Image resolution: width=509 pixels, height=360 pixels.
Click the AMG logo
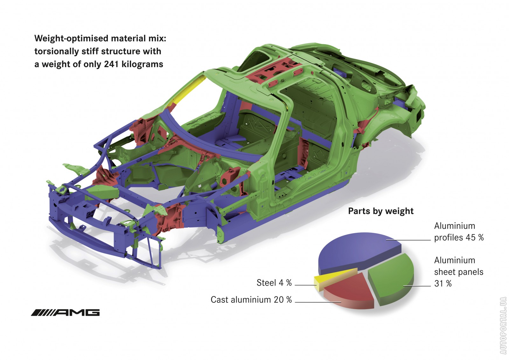point(65,313)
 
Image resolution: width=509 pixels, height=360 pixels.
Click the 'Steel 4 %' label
point(274,283)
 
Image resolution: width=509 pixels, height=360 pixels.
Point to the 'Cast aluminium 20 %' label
point(251,300)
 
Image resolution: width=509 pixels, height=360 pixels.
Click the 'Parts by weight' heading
point(380,211)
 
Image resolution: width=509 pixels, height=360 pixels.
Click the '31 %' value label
point(443,283)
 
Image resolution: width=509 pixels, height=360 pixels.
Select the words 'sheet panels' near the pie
point(458,272)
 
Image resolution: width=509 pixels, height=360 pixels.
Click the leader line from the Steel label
point(305,285)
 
